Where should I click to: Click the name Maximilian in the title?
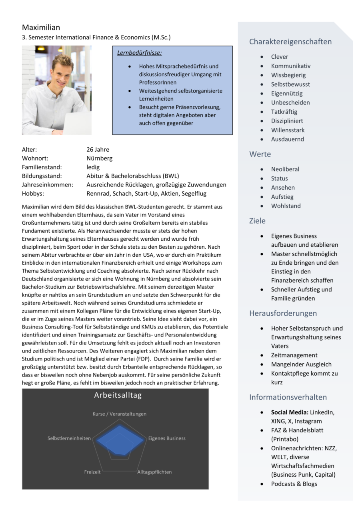[x=41, y=28]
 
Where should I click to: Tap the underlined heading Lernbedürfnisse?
[x=139, y=53]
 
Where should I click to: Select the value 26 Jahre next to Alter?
[x=98, y=150]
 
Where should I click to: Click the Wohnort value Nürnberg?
[x=99, y=158]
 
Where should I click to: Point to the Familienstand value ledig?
[x=93, y=167]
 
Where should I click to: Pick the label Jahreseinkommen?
[x=47, y=185]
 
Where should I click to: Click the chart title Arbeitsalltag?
[x=118, y=396]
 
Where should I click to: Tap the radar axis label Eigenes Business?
[x=167, y=438]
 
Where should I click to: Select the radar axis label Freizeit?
[x=92, y=472]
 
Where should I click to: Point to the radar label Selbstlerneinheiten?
[x=69, y=438]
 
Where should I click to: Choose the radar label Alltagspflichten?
[x=154, y=472]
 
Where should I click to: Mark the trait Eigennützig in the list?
[x=287, y=93]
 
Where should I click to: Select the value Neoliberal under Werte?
[x=285, y=169]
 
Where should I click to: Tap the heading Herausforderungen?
[x=283, y=313]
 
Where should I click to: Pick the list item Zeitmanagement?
[x=294, y=355]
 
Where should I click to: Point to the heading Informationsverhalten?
[x=288, y=397]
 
